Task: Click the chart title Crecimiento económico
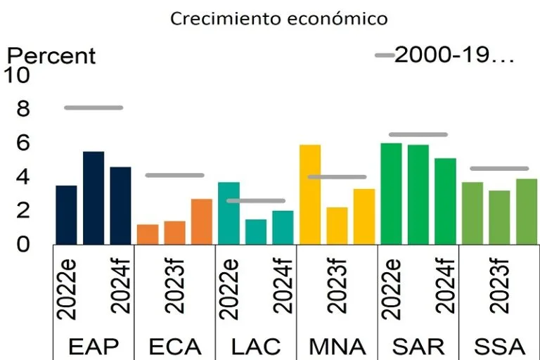279,18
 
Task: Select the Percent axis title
51,56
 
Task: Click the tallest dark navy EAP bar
94,198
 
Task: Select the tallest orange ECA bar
202,221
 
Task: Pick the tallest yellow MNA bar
310,195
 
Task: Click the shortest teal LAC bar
256,232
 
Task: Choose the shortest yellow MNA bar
337,226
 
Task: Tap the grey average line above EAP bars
94,108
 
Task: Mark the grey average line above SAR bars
418,134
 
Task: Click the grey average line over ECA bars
174,175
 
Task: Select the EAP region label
94,346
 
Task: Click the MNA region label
337,346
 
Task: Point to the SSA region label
499,346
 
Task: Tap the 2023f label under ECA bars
174,288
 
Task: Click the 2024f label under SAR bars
445,288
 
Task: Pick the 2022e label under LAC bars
229,288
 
